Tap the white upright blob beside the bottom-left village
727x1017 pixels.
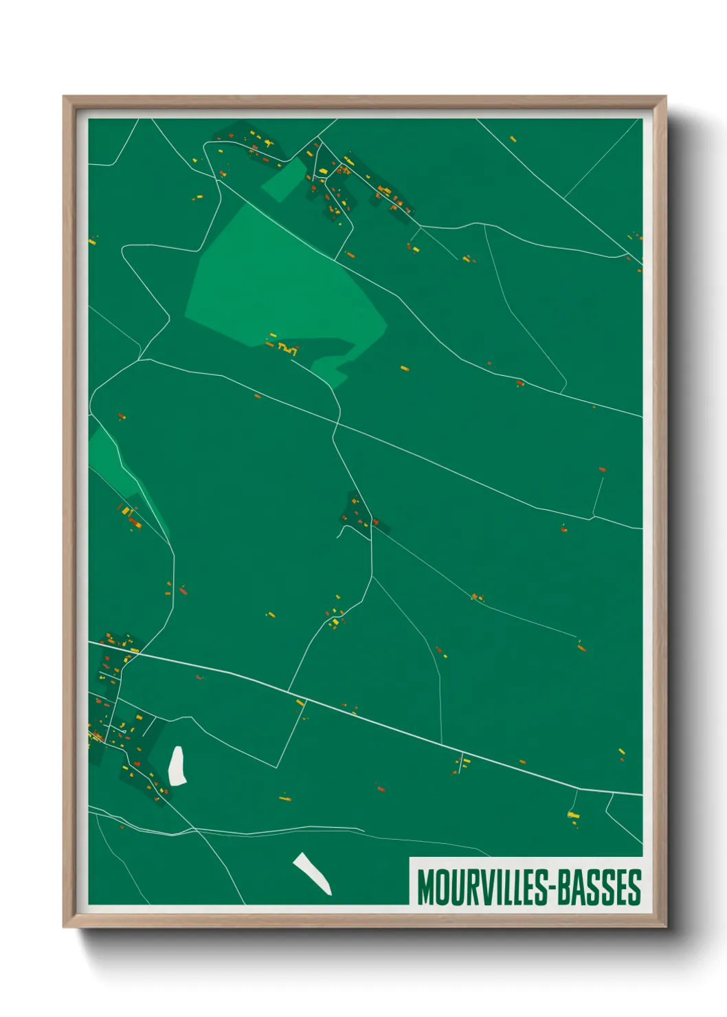177,765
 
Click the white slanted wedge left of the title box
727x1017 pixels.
313,873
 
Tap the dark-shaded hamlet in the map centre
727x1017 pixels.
356,514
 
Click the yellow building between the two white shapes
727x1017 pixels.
284,798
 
